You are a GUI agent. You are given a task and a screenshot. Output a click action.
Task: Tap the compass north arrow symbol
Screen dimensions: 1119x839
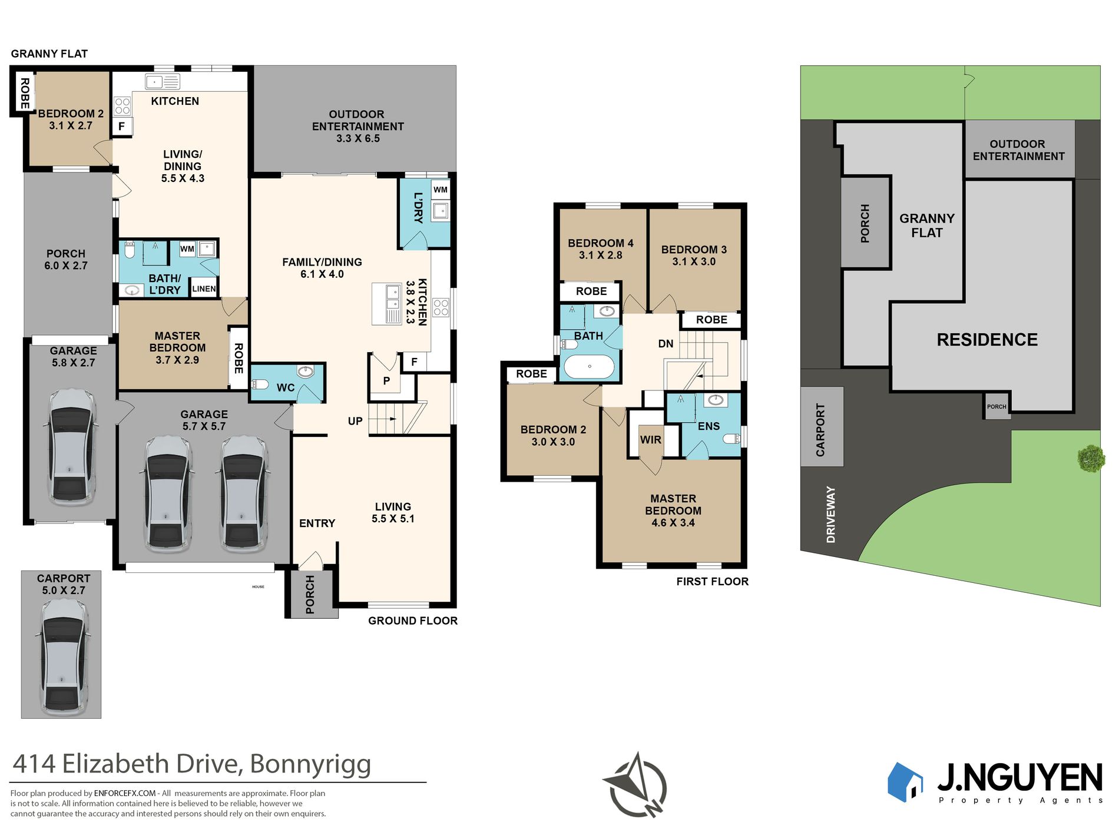635,785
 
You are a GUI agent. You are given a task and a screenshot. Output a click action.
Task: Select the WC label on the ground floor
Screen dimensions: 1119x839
286,387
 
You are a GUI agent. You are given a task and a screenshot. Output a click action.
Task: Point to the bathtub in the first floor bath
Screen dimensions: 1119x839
589,366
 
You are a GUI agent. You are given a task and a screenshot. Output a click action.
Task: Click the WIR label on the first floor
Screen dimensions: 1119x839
651,440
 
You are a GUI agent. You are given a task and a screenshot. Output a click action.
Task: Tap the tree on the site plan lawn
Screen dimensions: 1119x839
1091,458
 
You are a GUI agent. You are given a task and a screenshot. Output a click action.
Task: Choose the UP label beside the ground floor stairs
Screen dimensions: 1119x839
355,421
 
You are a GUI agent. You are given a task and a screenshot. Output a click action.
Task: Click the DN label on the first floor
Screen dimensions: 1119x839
666,344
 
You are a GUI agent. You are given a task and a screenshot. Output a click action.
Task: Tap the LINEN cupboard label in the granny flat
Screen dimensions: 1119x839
204,288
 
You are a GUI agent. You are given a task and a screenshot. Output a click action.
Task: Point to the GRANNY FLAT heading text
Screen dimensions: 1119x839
49,54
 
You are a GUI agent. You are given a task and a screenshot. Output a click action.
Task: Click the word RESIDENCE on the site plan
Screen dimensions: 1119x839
987,340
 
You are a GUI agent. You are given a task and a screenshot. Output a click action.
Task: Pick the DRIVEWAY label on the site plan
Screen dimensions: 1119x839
831,515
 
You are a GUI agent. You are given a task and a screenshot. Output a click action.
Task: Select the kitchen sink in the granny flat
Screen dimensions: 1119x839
163,81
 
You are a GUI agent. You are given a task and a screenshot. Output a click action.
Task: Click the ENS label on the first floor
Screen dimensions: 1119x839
709,426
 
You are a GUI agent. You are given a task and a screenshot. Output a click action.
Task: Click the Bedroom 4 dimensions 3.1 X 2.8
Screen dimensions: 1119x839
600,255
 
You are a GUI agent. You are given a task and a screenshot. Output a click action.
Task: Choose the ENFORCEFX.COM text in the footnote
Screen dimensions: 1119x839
125,793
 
